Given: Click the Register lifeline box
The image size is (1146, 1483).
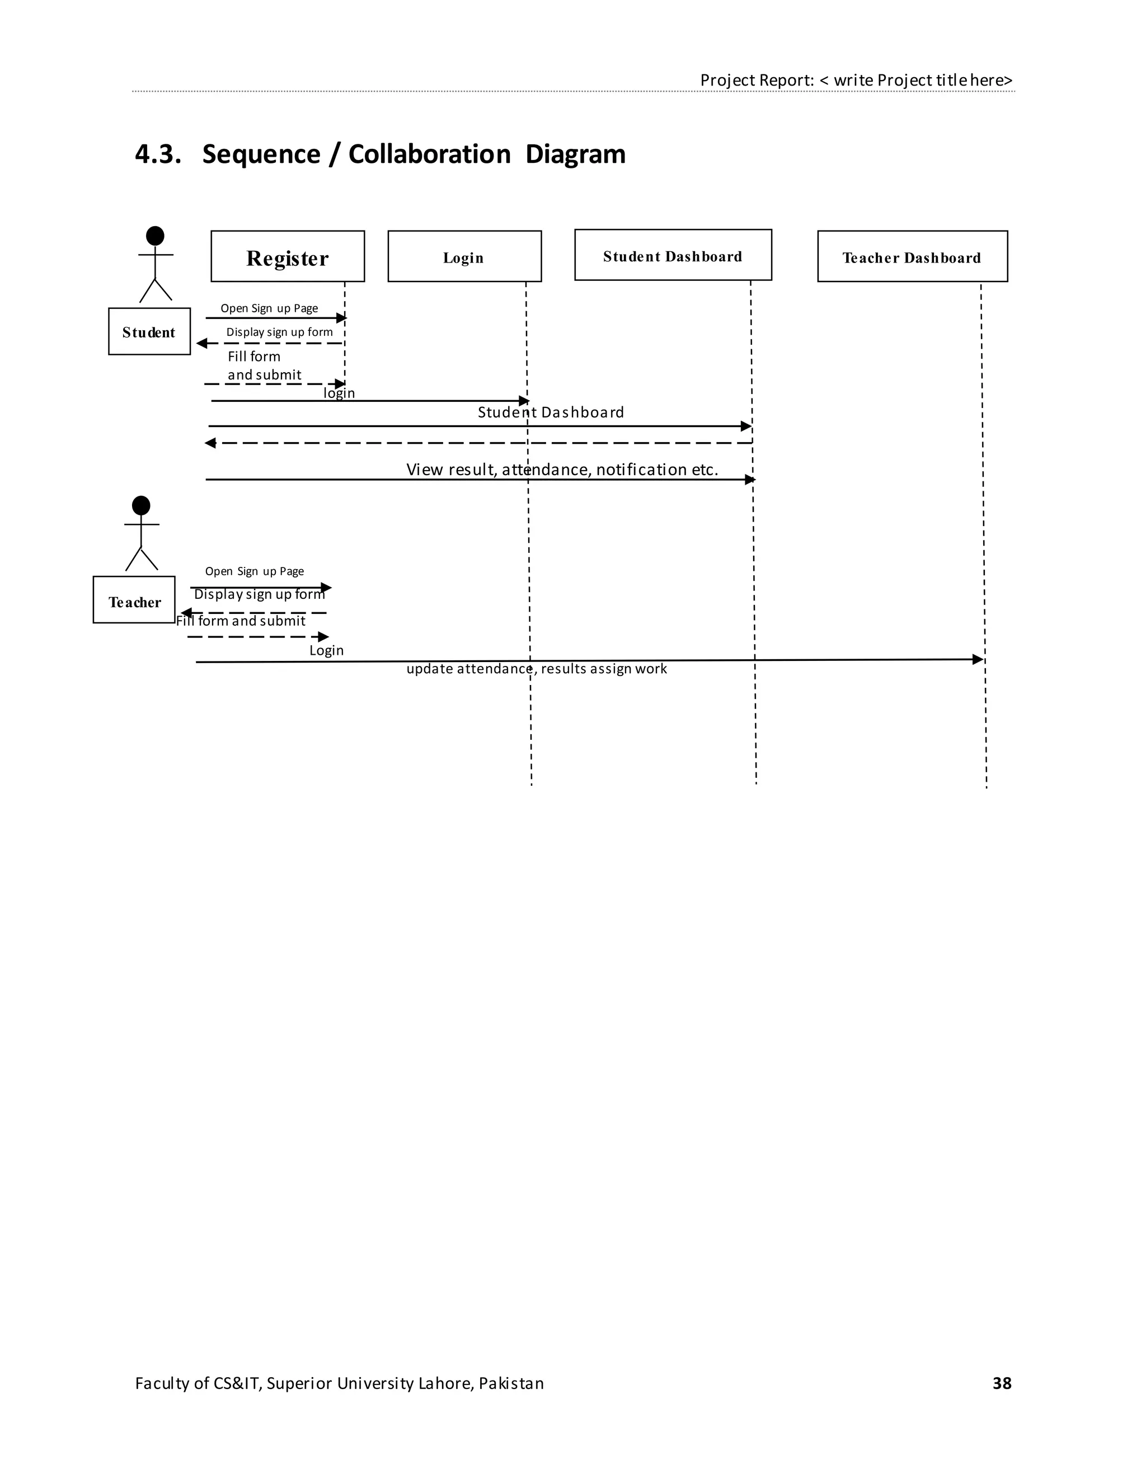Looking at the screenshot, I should pyautogui.click(x=287, y=256).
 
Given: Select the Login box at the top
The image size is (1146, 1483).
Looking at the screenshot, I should pyautogui.click(x=464, y=256).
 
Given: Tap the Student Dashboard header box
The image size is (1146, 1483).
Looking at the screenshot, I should pyautogui.click(x=673, y=255).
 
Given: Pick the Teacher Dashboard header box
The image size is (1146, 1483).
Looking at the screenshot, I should pyautogui.click(x=912, y=256).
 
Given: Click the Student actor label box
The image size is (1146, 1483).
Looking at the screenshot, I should pyautogui.click(x=149, y=331).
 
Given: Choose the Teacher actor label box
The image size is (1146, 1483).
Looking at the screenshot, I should pyautogui.click(x=134, y=599).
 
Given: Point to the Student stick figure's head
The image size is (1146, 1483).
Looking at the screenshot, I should pyautogui.click(x=155, y=236).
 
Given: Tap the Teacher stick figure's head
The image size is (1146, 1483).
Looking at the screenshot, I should pyautogui.click(x=140, y=505).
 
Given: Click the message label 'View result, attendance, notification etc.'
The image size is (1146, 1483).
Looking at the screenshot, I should pyautogui.click(x=562, y=469).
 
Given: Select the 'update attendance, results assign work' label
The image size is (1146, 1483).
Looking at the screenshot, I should pyautogui.click(x=536, y=669).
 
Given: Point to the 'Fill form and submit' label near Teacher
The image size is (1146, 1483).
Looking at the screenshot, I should pyautogui.click(x=241, y=621).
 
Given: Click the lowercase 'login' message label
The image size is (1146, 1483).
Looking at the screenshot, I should pyautogui.click(x=339, y=393).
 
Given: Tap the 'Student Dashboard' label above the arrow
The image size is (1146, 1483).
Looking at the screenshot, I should pyautogui.click(x=551, y=412).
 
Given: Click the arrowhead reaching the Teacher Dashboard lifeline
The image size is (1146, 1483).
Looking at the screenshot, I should pyautogui.click(x=978, y=659).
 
